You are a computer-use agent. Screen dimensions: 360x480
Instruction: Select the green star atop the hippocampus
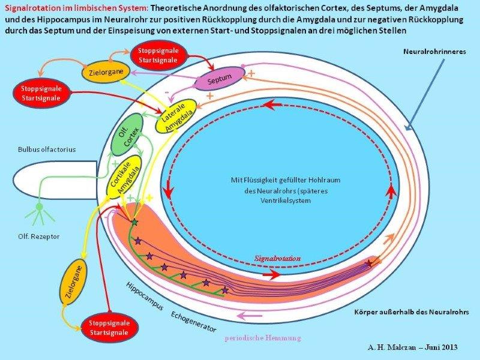134,222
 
